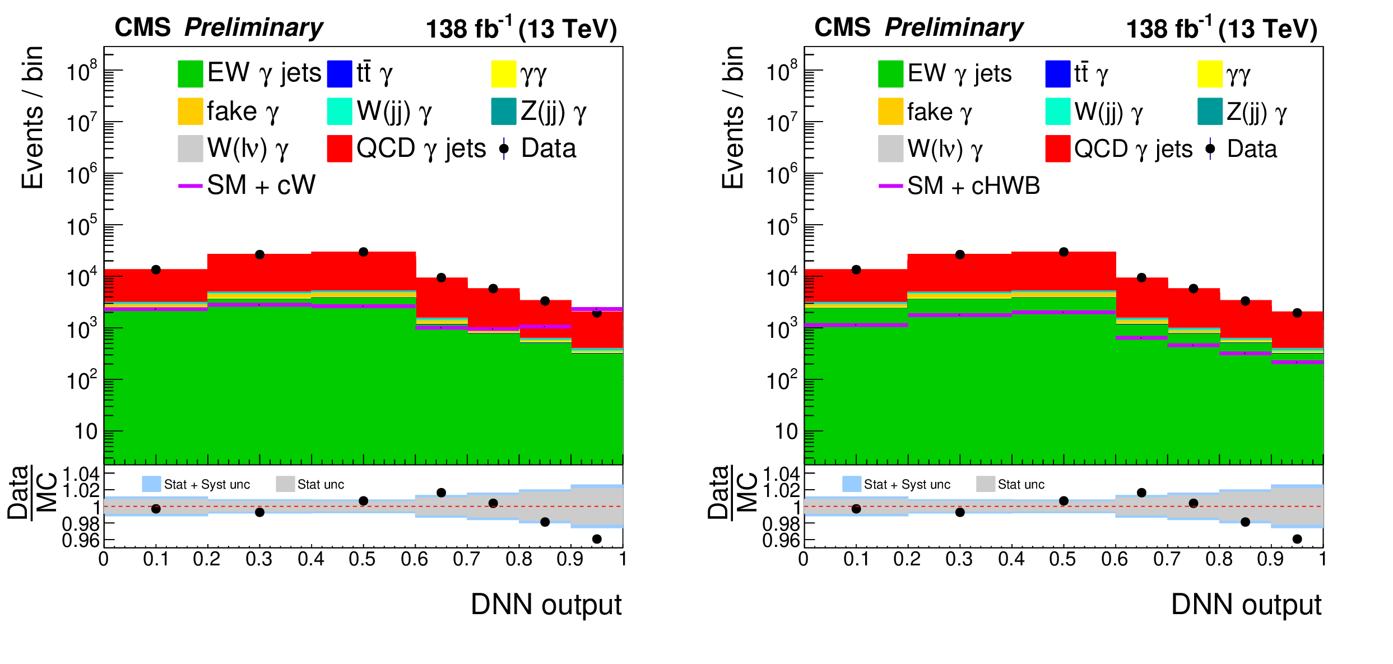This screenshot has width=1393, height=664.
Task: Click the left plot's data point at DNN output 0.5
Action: (363, 252)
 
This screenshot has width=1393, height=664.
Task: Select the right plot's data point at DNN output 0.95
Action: (1297, 313)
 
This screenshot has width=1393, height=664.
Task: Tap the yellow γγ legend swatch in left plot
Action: (503, 74)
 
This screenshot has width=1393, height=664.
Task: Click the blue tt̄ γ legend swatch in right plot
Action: (1057, 74)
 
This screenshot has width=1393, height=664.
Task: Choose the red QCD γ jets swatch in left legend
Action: (340, 148)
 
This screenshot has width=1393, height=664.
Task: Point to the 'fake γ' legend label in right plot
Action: (939, 112)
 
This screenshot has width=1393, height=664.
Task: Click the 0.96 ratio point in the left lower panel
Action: (597, 539)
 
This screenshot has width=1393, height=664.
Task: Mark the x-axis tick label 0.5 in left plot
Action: (362, 559)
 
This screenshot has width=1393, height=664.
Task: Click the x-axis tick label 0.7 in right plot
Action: (1167, 559)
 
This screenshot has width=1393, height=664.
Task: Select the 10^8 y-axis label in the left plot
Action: (82, 71)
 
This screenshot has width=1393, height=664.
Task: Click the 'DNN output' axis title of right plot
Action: (1246, 605)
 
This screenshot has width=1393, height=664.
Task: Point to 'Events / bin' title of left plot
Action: (32, 118)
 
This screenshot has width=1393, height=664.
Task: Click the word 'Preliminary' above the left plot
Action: (253, 27)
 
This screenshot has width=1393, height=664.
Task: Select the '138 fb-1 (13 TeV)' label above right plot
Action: (1222, 29)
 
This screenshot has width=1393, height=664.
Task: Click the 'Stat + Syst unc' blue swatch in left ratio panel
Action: (151, 484)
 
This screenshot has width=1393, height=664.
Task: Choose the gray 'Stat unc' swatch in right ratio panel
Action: (985, 484)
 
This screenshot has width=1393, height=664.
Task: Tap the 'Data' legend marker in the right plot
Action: (1210, 149)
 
